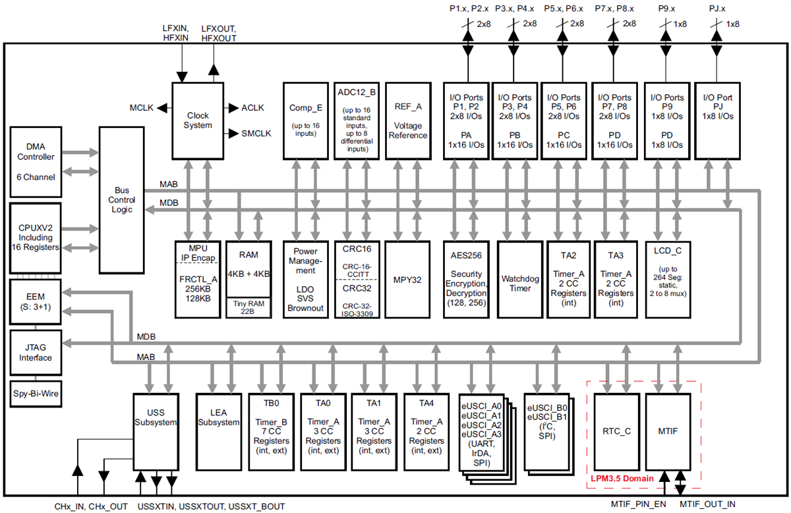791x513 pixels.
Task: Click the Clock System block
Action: pos(198,120)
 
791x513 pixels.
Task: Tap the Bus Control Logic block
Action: pos(123,199)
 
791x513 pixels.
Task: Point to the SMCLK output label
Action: pos(257,133)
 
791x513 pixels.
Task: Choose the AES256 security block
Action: pos(467,280)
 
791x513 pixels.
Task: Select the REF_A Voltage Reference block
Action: pos(407,120)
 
